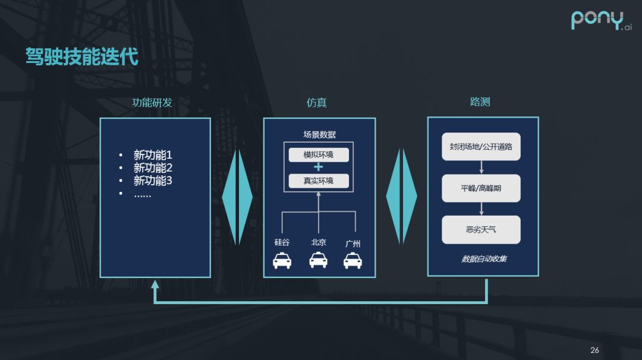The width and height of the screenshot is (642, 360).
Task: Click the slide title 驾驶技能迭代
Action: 81,57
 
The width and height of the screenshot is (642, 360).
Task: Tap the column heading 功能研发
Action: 152,103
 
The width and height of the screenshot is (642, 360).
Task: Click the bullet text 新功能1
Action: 153,155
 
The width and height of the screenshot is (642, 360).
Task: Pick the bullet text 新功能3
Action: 153,181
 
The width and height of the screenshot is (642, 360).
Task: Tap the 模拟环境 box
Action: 319,155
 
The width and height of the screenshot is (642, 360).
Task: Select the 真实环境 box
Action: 319,181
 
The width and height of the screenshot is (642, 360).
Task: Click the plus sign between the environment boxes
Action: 319,168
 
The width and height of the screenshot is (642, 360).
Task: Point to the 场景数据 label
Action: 319,135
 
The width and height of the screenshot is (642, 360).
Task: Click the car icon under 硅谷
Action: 282,260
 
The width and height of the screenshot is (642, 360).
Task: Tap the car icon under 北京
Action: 319,260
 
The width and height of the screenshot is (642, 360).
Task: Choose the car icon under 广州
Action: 353,260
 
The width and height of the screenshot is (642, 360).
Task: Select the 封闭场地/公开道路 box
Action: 481,147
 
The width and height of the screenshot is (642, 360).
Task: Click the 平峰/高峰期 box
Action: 481,188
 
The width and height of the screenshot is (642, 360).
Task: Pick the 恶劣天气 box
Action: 481,230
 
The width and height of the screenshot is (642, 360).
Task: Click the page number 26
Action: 594,350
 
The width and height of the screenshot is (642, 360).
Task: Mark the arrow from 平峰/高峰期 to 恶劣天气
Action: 481,209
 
